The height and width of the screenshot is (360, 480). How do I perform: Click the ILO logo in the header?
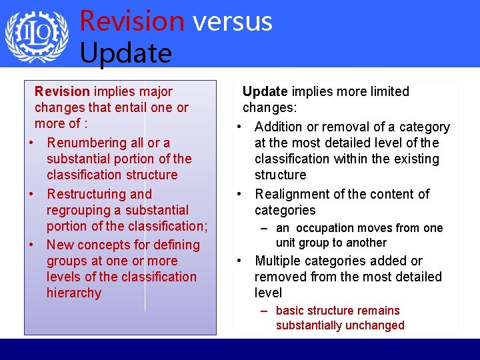click(x=37, y=35)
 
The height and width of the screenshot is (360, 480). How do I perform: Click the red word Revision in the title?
click(x=131, y=21)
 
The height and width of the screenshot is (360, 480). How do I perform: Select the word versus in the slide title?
click(x=233, y=21)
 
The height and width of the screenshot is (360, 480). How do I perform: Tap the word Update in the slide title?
click(x=125, y=52)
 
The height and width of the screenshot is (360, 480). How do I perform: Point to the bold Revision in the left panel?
click(x=62, y=91)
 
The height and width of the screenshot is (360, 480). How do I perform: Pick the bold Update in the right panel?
click(x=265, y=91)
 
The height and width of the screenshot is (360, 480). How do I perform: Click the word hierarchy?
click(x=74, y=293)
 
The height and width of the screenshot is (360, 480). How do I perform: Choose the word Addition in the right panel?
click(x=279, y=127)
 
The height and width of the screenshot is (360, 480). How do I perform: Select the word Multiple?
click(x=279, y=261)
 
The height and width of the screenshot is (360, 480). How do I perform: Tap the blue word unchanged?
click(x=376, y=325)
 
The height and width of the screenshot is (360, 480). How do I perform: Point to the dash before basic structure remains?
click(x=265, y=311)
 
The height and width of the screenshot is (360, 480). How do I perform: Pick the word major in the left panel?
click(x=157, y=91)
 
